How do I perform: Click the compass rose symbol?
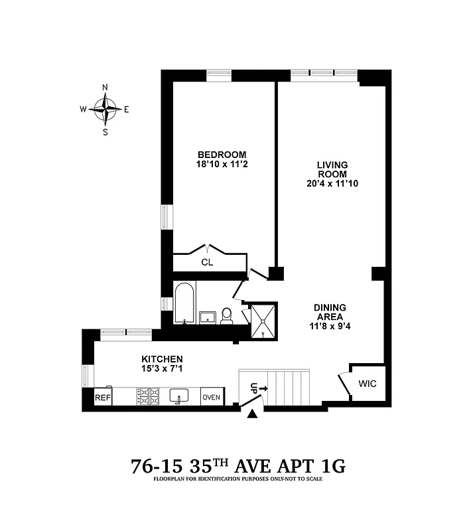[105, 109]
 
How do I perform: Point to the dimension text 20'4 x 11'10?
[332, 183]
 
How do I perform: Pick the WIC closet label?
[366, 384]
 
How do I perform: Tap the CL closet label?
[207, 262]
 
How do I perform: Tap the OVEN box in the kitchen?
[212, 397]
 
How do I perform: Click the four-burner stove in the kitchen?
[149, 396]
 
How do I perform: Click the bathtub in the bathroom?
[185, 303]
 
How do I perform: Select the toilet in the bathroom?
[226, 315]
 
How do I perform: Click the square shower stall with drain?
[261, 321]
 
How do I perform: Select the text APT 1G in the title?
[312, 466]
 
